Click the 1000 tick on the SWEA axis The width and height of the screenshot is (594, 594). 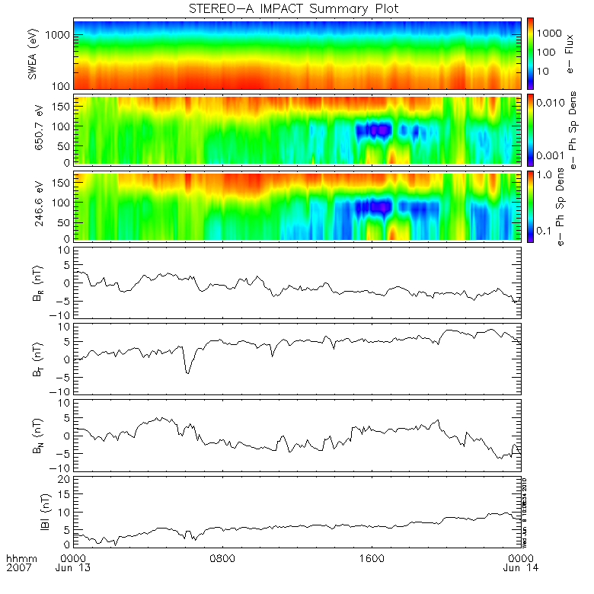click(61, 35)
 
